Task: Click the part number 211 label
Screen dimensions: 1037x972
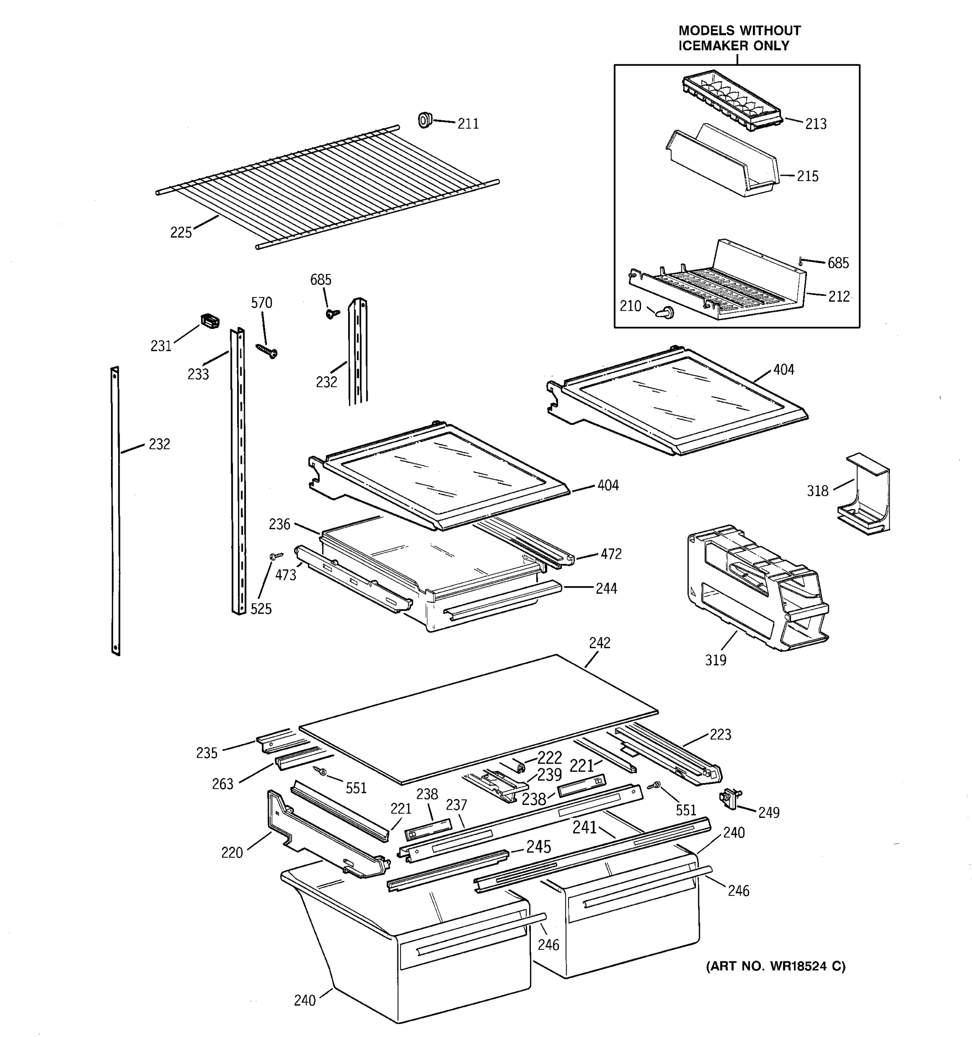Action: (x=468, y=124)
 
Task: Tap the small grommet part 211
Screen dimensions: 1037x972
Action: (x=425, y=121)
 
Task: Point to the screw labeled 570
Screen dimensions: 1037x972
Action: (x=267, y=351)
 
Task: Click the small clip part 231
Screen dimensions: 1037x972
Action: (x=210, y=321)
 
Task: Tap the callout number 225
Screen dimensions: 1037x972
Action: (x=181, y=232)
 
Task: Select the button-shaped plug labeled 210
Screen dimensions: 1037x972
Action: (x=665, y=312)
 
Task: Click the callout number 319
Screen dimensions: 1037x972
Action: (x=715, y=660)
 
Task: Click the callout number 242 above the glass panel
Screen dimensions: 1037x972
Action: (x=600, y=643)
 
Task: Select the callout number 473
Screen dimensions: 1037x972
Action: (x=286, y=575)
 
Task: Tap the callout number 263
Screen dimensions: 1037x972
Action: (x=222, y=784)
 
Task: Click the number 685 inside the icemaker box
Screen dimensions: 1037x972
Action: (x=838, y=263)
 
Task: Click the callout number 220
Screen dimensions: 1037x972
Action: (x=232, y=853)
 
